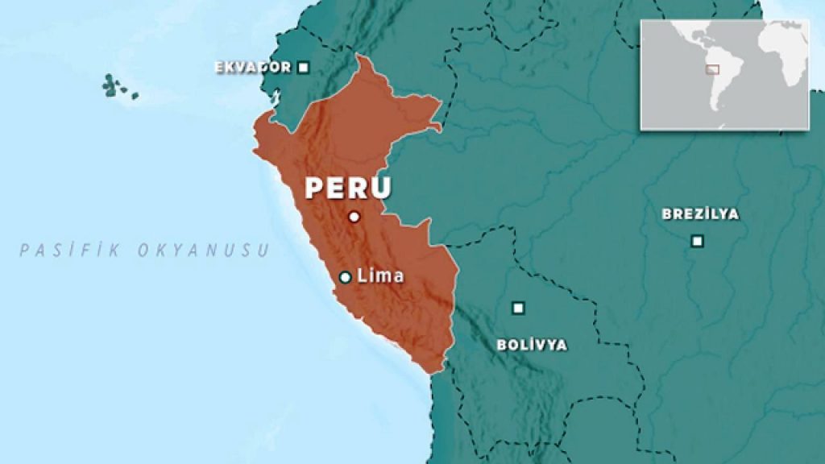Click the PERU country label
point(347,188)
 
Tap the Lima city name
point(379,276)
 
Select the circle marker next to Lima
point(345,277)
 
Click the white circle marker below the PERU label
point(353,217)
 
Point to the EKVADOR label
point(252,68)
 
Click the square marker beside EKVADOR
point(303,68)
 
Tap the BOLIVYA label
point(532,345)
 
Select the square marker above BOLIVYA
point(519,308)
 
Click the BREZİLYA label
point(700,214)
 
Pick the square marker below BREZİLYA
point(697,241)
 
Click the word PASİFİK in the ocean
point(71,251)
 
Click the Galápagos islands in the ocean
point(113,85)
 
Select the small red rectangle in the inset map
point(711,69)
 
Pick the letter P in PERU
point(313,188)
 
